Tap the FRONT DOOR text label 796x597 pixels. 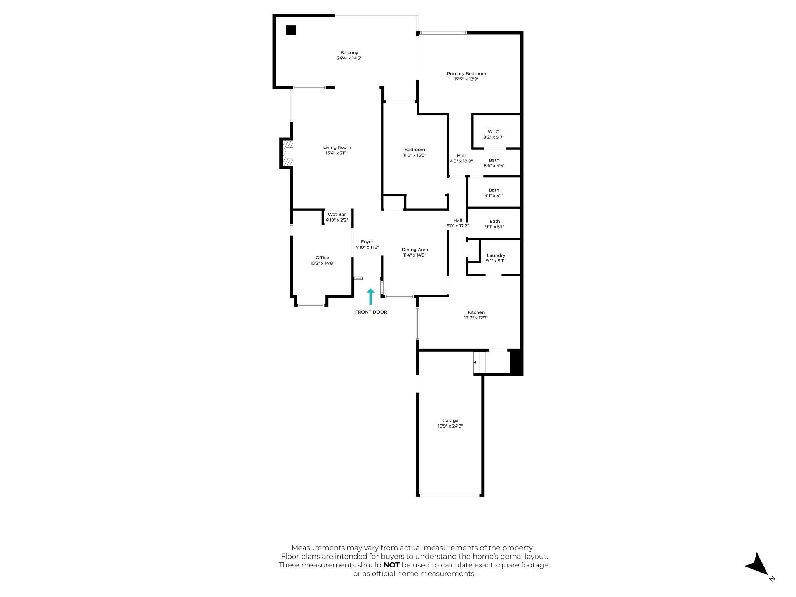point(371,312)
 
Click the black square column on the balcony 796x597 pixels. point(291,30)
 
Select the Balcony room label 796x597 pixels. point(349,53)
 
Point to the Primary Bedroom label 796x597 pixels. point(466,74)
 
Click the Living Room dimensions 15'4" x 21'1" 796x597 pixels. point(337,153)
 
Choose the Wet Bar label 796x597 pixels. point(337,215)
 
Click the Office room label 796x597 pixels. point(322,258)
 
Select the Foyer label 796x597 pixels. point(367,242)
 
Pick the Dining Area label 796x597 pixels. point(415,250)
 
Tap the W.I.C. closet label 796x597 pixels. point(494,132)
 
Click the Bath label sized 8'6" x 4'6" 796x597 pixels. point(494,160)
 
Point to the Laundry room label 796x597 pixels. point(496,255)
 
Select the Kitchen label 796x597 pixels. point(476,312)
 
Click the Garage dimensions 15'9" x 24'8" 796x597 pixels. point(450,426)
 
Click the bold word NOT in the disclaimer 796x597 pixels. point(391,565)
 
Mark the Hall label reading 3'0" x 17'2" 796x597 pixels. point(457,220)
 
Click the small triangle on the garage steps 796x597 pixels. point(475,362)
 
